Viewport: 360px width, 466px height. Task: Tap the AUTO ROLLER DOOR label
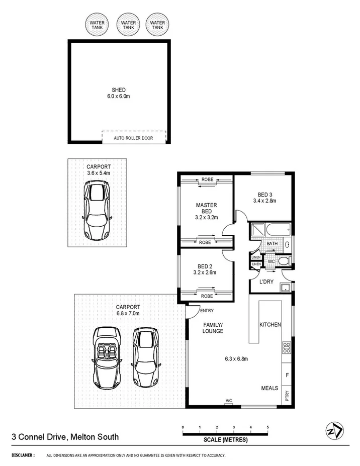coord(134,138)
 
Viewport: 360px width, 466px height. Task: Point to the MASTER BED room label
coord(206,208)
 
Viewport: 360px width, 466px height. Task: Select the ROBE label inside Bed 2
coord(207,296)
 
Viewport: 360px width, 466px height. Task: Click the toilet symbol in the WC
coord(284,261)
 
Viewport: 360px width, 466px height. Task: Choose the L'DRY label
coord(266,282)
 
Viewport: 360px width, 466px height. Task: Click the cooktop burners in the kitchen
coord(287,346)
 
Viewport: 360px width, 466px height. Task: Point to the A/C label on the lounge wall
coord(229,401)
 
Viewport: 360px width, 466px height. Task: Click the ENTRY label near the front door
coord(207,311)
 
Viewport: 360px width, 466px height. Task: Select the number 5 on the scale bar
coord(267,427)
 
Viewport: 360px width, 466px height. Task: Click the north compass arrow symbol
coord(335,431)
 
